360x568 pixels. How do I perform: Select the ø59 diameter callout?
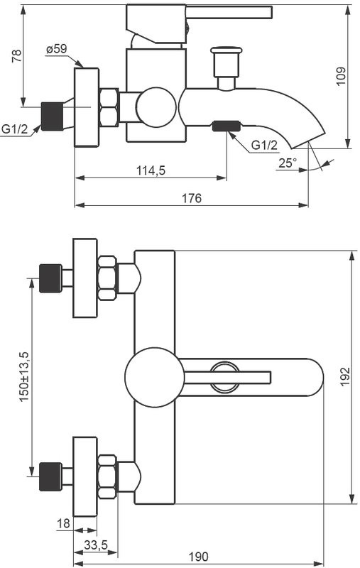pyautogui.click(x=56, y=49)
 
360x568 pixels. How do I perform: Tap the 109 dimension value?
pyautogui.click(x=341, y=77)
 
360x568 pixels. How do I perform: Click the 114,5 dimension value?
pyautogui.click(x=150, y=170)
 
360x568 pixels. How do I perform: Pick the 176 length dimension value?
pyautogui.click(x=191, y=198)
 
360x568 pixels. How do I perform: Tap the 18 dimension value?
pyautogui.click(x=63, y=523)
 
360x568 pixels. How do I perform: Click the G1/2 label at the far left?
pyautogui.click(x=14, y=129)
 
